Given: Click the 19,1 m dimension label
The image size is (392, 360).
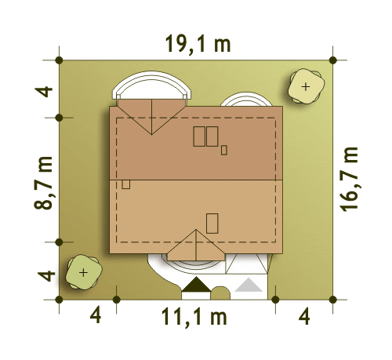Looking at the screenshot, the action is pos(198,45).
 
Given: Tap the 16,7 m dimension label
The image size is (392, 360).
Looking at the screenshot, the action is pos(349,180).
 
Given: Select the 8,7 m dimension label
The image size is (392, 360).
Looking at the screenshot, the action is pos(44,183).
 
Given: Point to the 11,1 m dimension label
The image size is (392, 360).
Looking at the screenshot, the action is pos(194,318).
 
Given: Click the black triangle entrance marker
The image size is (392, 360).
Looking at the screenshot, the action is pos(196,285).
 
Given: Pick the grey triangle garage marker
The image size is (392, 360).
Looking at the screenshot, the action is pos(249,285).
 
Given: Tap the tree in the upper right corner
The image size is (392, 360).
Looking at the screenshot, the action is pos(306,86).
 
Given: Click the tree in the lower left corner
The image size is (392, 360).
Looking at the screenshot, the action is pos(83,272).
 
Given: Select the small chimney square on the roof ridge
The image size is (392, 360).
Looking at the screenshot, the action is pos(126,184).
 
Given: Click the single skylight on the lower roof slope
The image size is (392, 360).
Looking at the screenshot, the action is pos(212,224).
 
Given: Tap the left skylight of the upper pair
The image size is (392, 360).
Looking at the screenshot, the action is pos(199,136).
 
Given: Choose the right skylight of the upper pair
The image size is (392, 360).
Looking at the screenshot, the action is pos(212,136).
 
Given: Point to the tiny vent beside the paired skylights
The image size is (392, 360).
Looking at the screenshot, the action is pos(224,151).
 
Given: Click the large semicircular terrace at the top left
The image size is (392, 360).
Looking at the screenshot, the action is pos(151,75).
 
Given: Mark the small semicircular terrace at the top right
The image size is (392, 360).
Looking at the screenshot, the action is pos(247,94).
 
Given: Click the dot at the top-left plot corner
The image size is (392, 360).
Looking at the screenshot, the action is pos(60,60).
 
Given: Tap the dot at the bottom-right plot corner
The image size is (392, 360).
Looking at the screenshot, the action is pos(333,300).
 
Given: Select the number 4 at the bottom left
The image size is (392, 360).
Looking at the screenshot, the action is pos(96,316).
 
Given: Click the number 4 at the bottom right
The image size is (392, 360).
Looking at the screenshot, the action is pos(304,317).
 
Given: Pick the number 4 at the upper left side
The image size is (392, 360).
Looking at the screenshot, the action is pos(44,92).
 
